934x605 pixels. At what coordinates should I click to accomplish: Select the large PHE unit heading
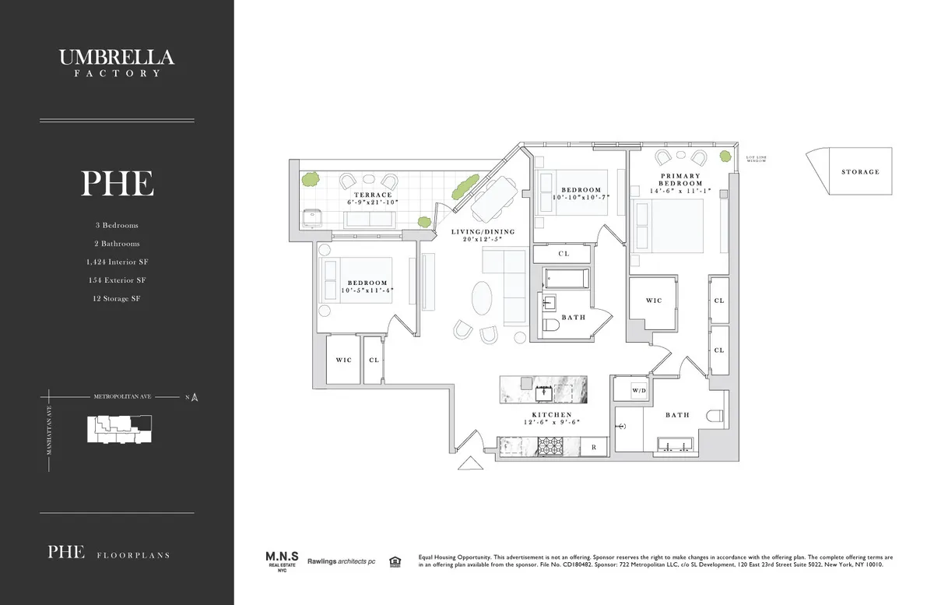coord(117,184)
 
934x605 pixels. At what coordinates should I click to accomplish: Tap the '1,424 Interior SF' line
coord(117,262)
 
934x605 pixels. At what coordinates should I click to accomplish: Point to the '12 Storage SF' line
coord(117,298)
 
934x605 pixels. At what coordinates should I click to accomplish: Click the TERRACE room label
coord(372,195)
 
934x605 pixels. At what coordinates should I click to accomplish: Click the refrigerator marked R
coord(593,447)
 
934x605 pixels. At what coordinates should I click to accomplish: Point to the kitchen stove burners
coord(550,446)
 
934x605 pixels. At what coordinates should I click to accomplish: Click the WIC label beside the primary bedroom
coord(653,301)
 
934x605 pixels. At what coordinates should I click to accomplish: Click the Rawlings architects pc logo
coord(341,561)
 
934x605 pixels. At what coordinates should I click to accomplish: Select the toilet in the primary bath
coord(715,416)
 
